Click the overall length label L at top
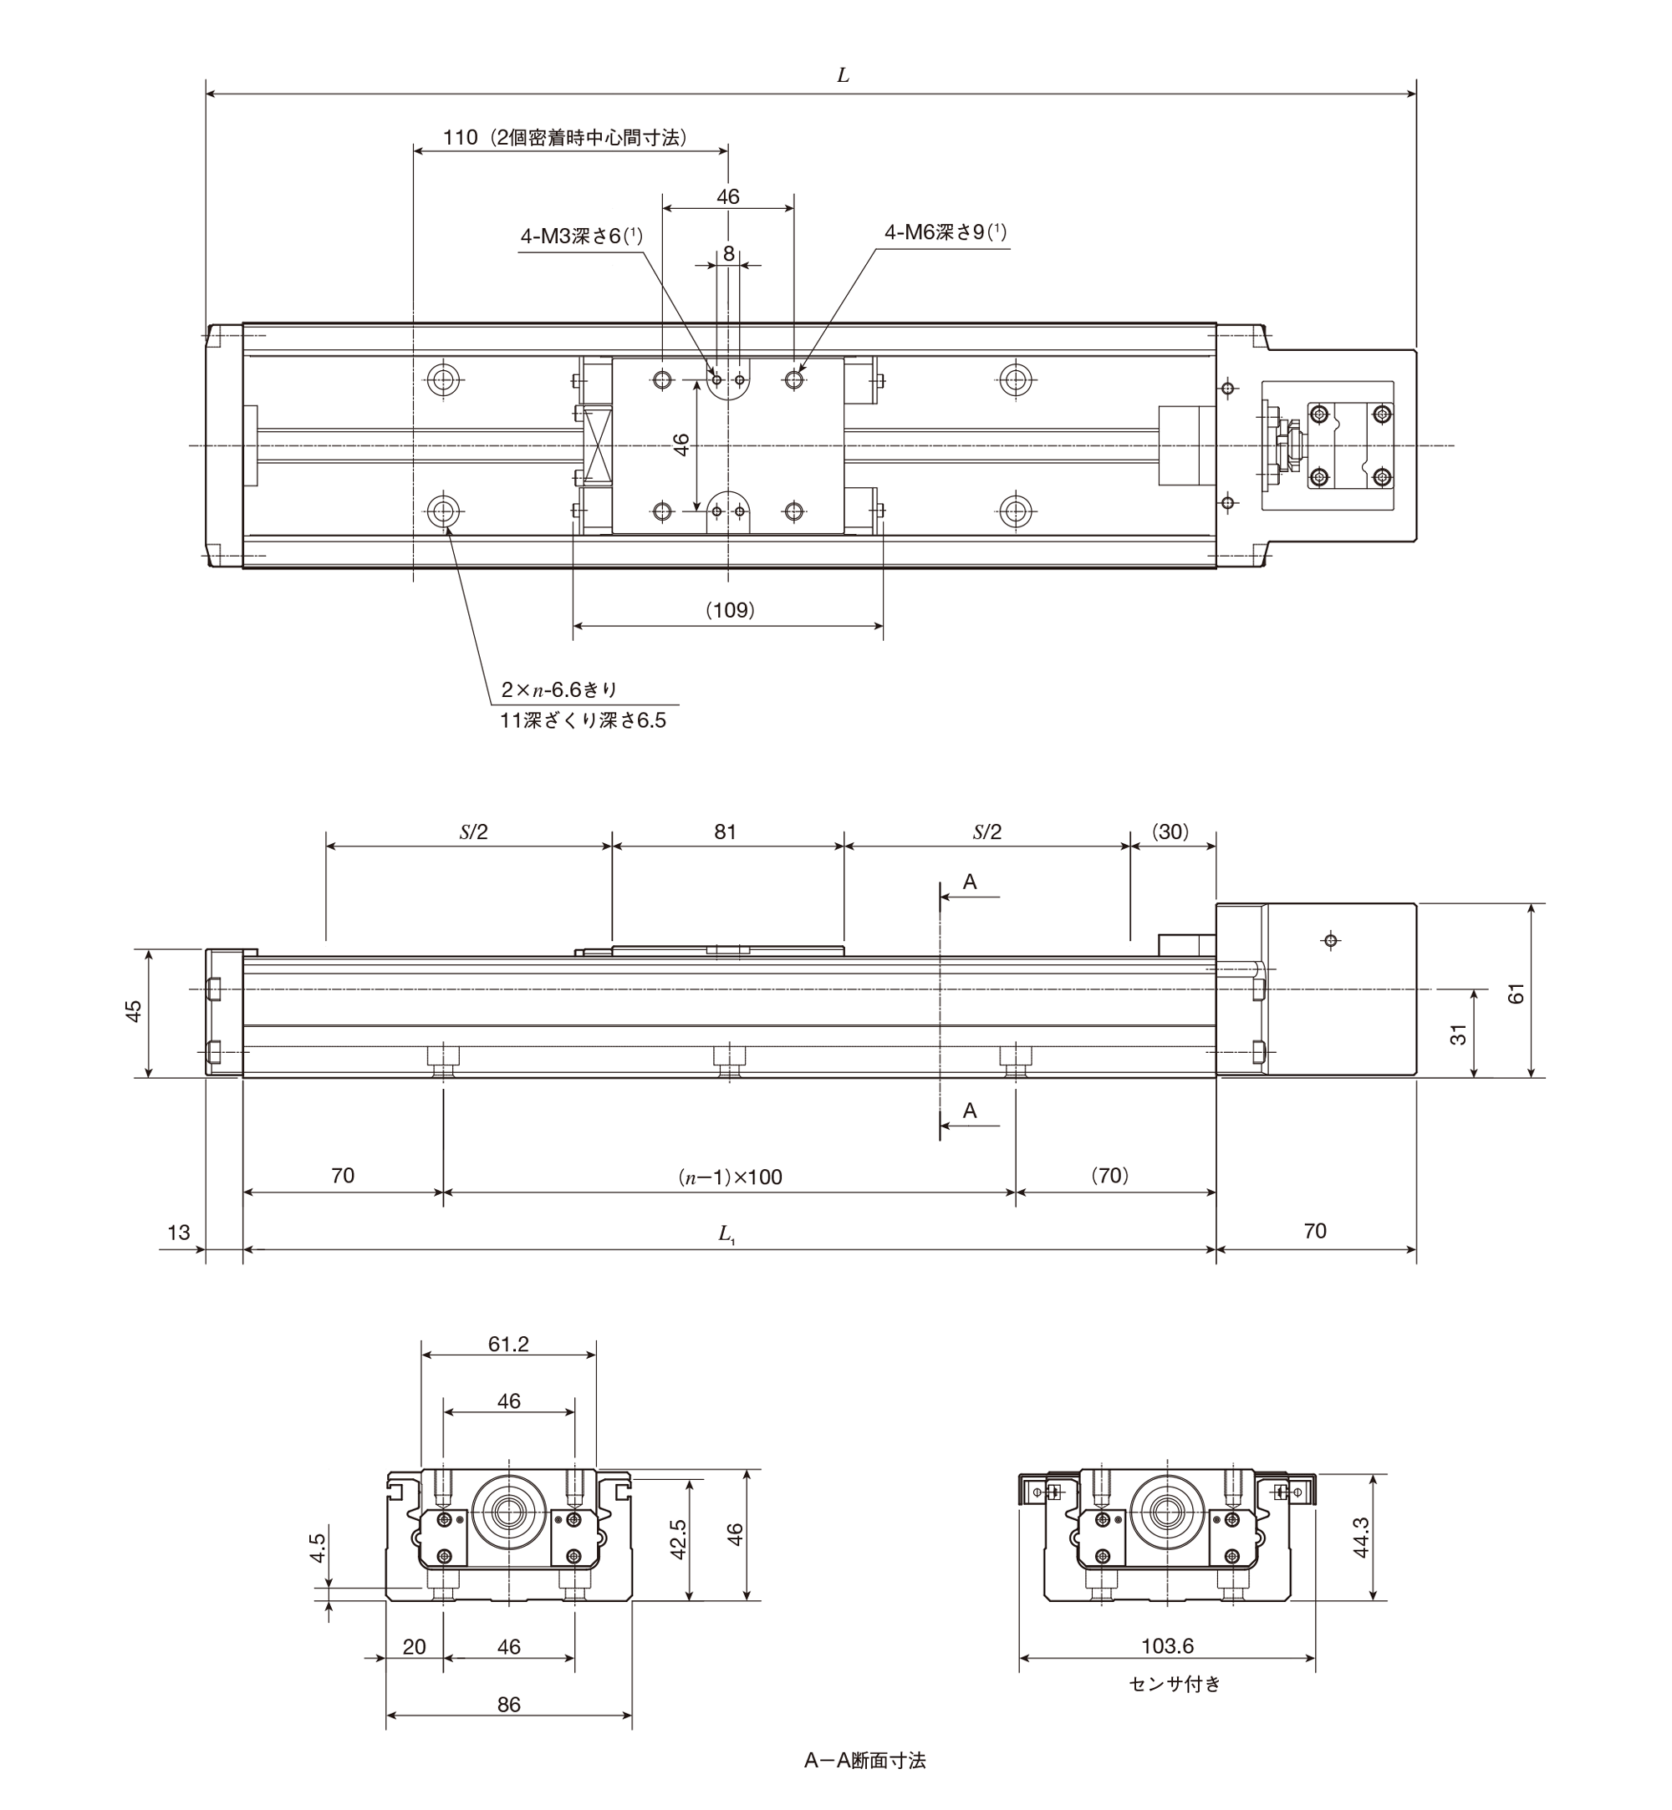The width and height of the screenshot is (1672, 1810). pos(843,76)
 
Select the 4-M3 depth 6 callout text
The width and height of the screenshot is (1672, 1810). pos(581,236)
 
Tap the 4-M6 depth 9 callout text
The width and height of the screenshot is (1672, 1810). pos(946,232)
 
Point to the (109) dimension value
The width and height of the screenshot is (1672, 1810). pos(729,611)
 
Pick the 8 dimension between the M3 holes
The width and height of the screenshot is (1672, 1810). pos(728,254)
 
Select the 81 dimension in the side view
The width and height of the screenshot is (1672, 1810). pos(725,832)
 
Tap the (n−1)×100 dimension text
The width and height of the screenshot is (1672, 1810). pos(729,1177)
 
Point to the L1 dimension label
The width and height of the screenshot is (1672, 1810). pos(726,1233)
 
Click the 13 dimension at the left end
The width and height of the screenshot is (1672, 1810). pos(179,1232)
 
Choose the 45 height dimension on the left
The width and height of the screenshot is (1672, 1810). pos(134,1010)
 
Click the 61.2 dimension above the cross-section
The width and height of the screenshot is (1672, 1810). pos(507,1345)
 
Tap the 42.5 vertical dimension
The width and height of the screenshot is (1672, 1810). pos(679,1538)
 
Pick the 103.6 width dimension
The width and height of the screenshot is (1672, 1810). pos(1167,1646)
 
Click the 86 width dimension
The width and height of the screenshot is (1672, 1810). pos(508,1705)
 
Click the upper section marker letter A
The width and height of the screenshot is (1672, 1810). pos(970,882)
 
